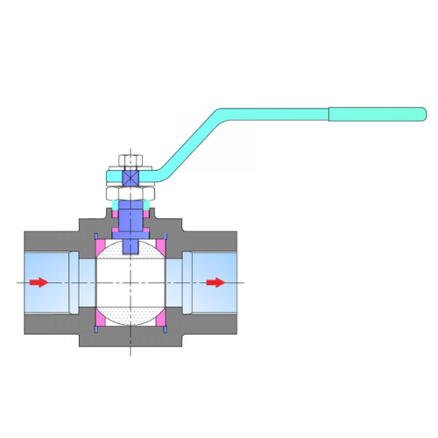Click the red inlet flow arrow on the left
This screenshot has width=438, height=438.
click(38, 282)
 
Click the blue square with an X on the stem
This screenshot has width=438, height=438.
click(131, 176)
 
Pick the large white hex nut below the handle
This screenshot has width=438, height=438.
click(131, 193)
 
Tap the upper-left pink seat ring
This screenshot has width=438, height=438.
click(100, 246)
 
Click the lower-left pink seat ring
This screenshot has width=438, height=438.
click(100, 318)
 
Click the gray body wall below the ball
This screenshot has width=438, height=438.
click(131, 337)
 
